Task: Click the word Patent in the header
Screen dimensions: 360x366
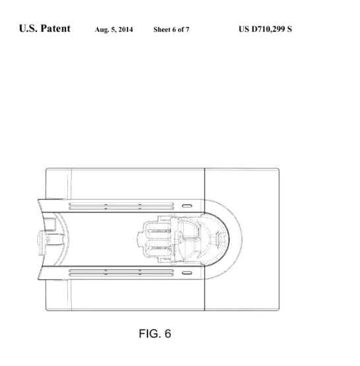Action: tap(55, 28)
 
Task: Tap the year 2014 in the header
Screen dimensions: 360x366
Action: tap(126, 30)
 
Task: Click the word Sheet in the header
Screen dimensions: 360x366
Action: tap(162, 30)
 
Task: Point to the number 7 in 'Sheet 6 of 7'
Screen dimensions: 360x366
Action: tap(188, 30)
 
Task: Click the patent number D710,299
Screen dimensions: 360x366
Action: tap(268, 29)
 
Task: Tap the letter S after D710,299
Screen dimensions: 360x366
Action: tap(289, 29)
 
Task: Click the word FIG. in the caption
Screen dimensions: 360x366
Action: tap(149, 334)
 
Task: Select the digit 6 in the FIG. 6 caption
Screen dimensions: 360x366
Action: tap(168, 334)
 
